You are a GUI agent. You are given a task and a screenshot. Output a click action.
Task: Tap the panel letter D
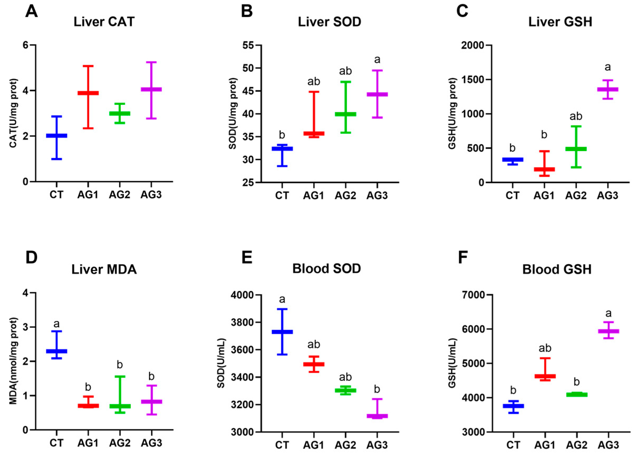click(31, 258)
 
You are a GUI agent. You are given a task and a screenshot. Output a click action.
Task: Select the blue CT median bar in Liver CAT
click(57, 136)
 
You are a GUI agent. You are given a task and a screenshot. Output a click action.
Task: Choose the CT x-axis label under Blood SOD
click(282, 445)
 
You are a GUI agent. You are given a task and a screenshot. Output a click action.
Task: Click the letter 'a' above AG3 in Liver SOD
click(377, 60)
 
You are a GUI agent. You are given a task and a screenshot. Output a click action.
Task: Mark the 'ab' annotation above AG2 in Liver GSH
click(576, 116)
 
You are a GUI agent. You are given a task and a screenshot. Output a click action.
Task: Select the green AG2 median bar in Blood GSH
click(576, 394)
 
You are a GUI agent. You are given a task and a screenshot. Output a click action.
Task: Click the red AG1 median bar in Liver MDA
click(88, 405)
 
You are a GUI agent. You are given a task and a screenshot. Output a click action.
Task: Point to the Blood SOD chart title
click(327, 269)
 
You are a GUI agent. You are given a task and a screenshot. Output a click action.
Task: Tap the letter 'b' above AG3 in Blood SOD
click(377, 389)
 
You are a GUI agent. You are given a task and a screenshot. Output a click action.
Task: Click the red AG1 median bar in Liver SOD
click(314, 133)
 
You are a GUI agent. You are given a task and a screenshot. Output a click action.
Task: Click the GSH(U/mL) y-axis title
click(452, 363)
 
